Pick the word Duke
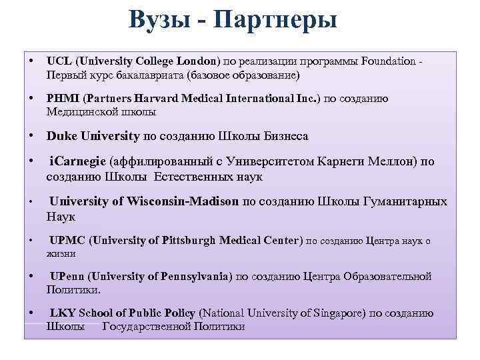[x=61, y=136]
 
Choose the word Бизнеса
[x=281, y=136]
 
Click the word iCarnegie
[x=79, y=161]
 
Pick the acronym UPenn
[x=69, y=276]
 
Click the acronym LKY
[x=63, y=313]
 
